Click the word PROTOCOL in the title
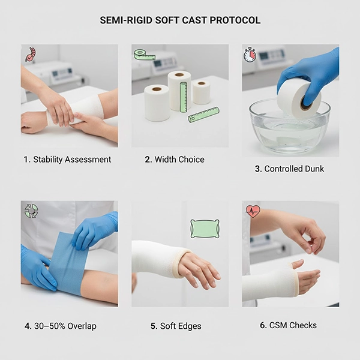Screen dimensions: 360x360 (x=235, y=20)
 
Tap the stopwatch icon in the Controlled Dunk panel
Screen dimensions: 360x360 (x=250, y=55)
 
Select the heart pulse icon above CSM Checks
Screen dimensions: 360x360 (x=253, y=211)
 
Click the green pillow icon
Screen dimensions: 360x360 (x=205, y=229)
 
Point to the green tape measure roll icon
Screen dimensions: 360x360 (x=145, y=55)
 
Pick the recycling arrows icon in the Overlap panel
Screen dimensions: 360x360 (x=31, y=211)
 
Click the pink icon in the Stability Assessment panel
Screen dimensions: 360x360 (x=31, y=54)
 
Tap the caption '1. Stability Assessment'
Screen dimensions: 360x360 (x=67, y=160)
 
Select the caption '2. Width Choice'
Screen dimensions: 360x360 (x=175, y=160)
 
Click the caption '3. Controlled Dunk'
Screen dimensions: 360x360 (x=289, y=169)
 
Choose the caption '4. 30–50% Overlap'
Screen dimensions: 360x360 (x=61, y=326)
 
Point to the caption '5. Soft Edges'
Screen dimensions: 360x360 (x=176, y=326)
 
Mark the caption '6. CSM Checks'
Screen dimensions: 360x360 (x=288, y=325)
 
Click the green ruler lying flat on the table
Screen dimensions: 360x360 (x=203, y=115)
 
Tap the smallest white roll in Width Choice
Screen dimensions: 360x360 (x=201, y=92)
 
